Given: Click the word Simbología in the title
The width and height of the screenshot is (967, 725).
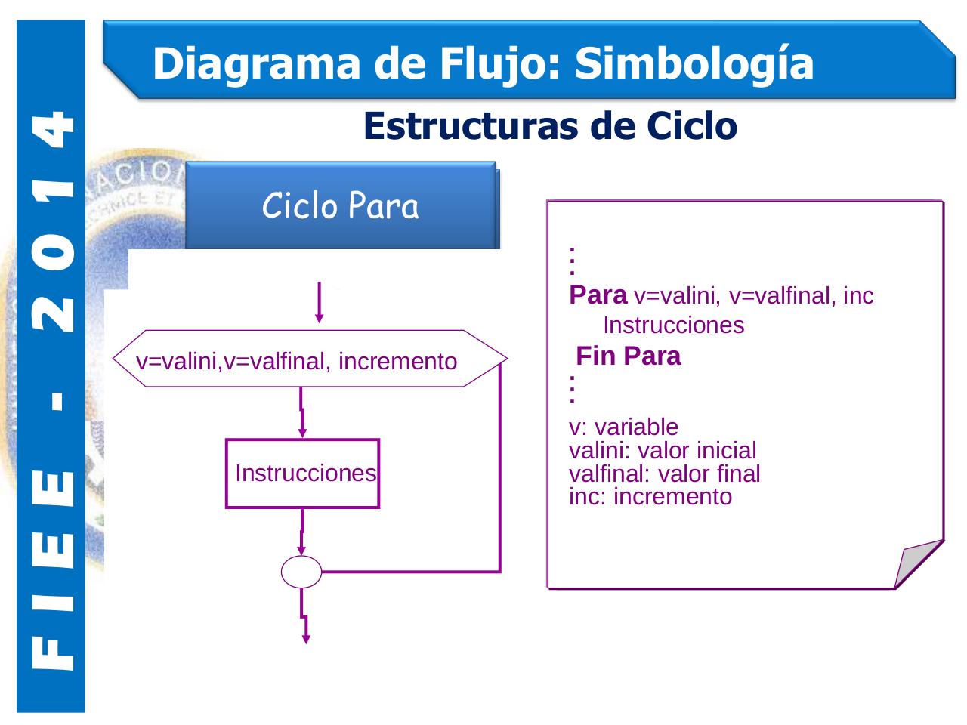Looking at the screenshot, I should pos(694,63).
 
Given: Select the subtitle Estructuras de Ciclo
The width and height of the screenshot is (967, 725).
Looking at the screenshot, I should pos(550,125).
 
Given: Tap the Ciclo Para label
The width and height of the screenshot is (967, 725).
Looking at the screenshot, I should pos(340,205).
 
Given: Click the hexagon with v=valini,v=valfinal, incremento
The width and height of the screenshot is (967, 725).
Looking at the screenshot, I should pos(310,359).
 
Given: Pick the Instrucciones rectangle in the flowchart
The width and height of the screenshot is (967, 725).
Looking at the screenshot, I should pos(303,474).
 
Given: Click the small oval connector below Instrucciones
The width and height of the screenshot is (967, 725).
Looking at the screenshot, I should pos(301,572).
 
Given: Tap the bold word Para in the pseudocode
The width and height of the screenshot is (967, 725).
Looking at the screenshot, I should pos(598,295).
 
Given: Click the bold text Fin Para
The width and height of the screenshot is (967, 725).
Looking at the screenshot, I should pos(629,356).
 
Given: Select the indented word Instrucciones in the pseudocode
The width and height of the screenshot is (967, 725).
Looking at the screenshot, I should pos(673,325).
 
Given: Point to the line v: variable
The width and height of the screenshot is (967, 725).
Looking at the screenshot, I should pos(623,427).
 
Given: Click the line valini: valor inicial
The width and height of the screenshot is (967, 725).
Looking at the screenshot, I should pos(662,451).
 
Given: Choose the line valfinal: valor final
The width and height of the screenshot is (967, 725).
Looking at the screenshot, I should pos(664,474).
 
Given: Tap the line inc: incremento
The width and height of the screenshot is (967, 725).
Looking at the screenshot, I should pos(650,497).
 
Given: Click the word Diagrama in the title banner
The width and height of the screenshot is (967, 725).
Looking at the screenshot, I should pos(256,63).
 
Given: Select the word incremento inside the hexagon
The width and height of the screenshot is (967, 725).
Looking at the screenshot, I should pos(397,362).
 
